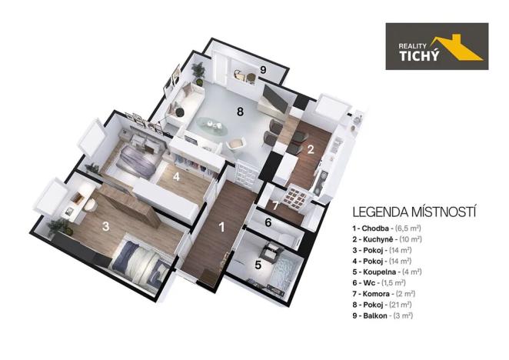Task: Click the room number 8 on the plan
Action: click(240, 112)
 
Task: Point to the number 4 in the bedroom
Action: click(176, 176)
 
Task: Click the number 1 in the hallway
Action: click(222, 227)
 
